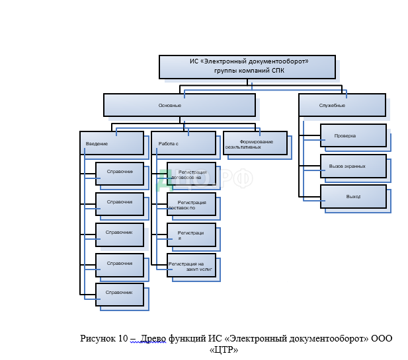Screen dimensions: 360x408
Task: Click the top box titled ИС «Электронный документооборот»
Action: [x=247, y=67]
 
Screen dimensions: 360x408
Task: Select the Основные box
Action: [x=179, y=104]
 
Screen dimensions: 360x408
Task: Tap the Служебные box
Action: [x=342, y=104]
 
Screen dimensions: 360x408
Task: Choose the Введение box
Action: [x=112, y=143]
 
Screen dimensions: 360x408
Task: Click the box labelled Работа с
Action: [x=183, y=143]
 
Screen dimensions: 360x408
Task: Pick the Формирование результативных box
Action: [x=255, y=143]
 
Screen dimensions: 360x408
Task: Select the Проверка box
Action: [x=353, y=135]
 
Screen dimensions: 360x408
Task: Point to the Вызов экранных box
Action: [x=353, y=166]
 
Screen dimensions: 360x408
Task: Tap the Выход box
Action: [x=353, y=196]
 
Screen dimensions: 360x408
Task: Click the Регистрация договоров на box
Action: [x=191, y=174]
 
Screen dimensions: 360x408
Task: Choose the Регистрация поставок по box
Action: [x=191, y=204]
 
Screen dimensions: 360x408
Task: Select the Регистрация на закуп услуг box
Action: [x=191, y=265]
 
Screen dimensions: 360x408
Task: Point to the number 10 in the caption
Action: [x=123, y=338]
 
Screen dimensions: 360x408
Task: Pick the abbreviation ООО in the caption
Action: [x=381, y=338]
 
